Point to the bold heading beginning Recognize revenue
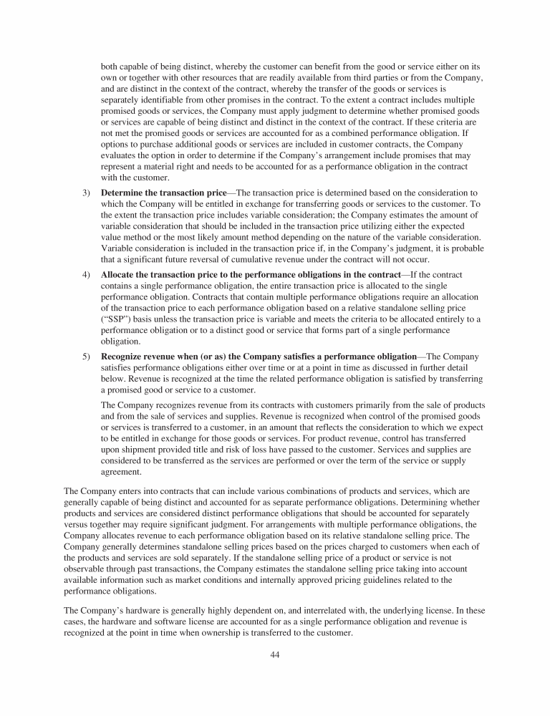(x=259, y=357)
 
